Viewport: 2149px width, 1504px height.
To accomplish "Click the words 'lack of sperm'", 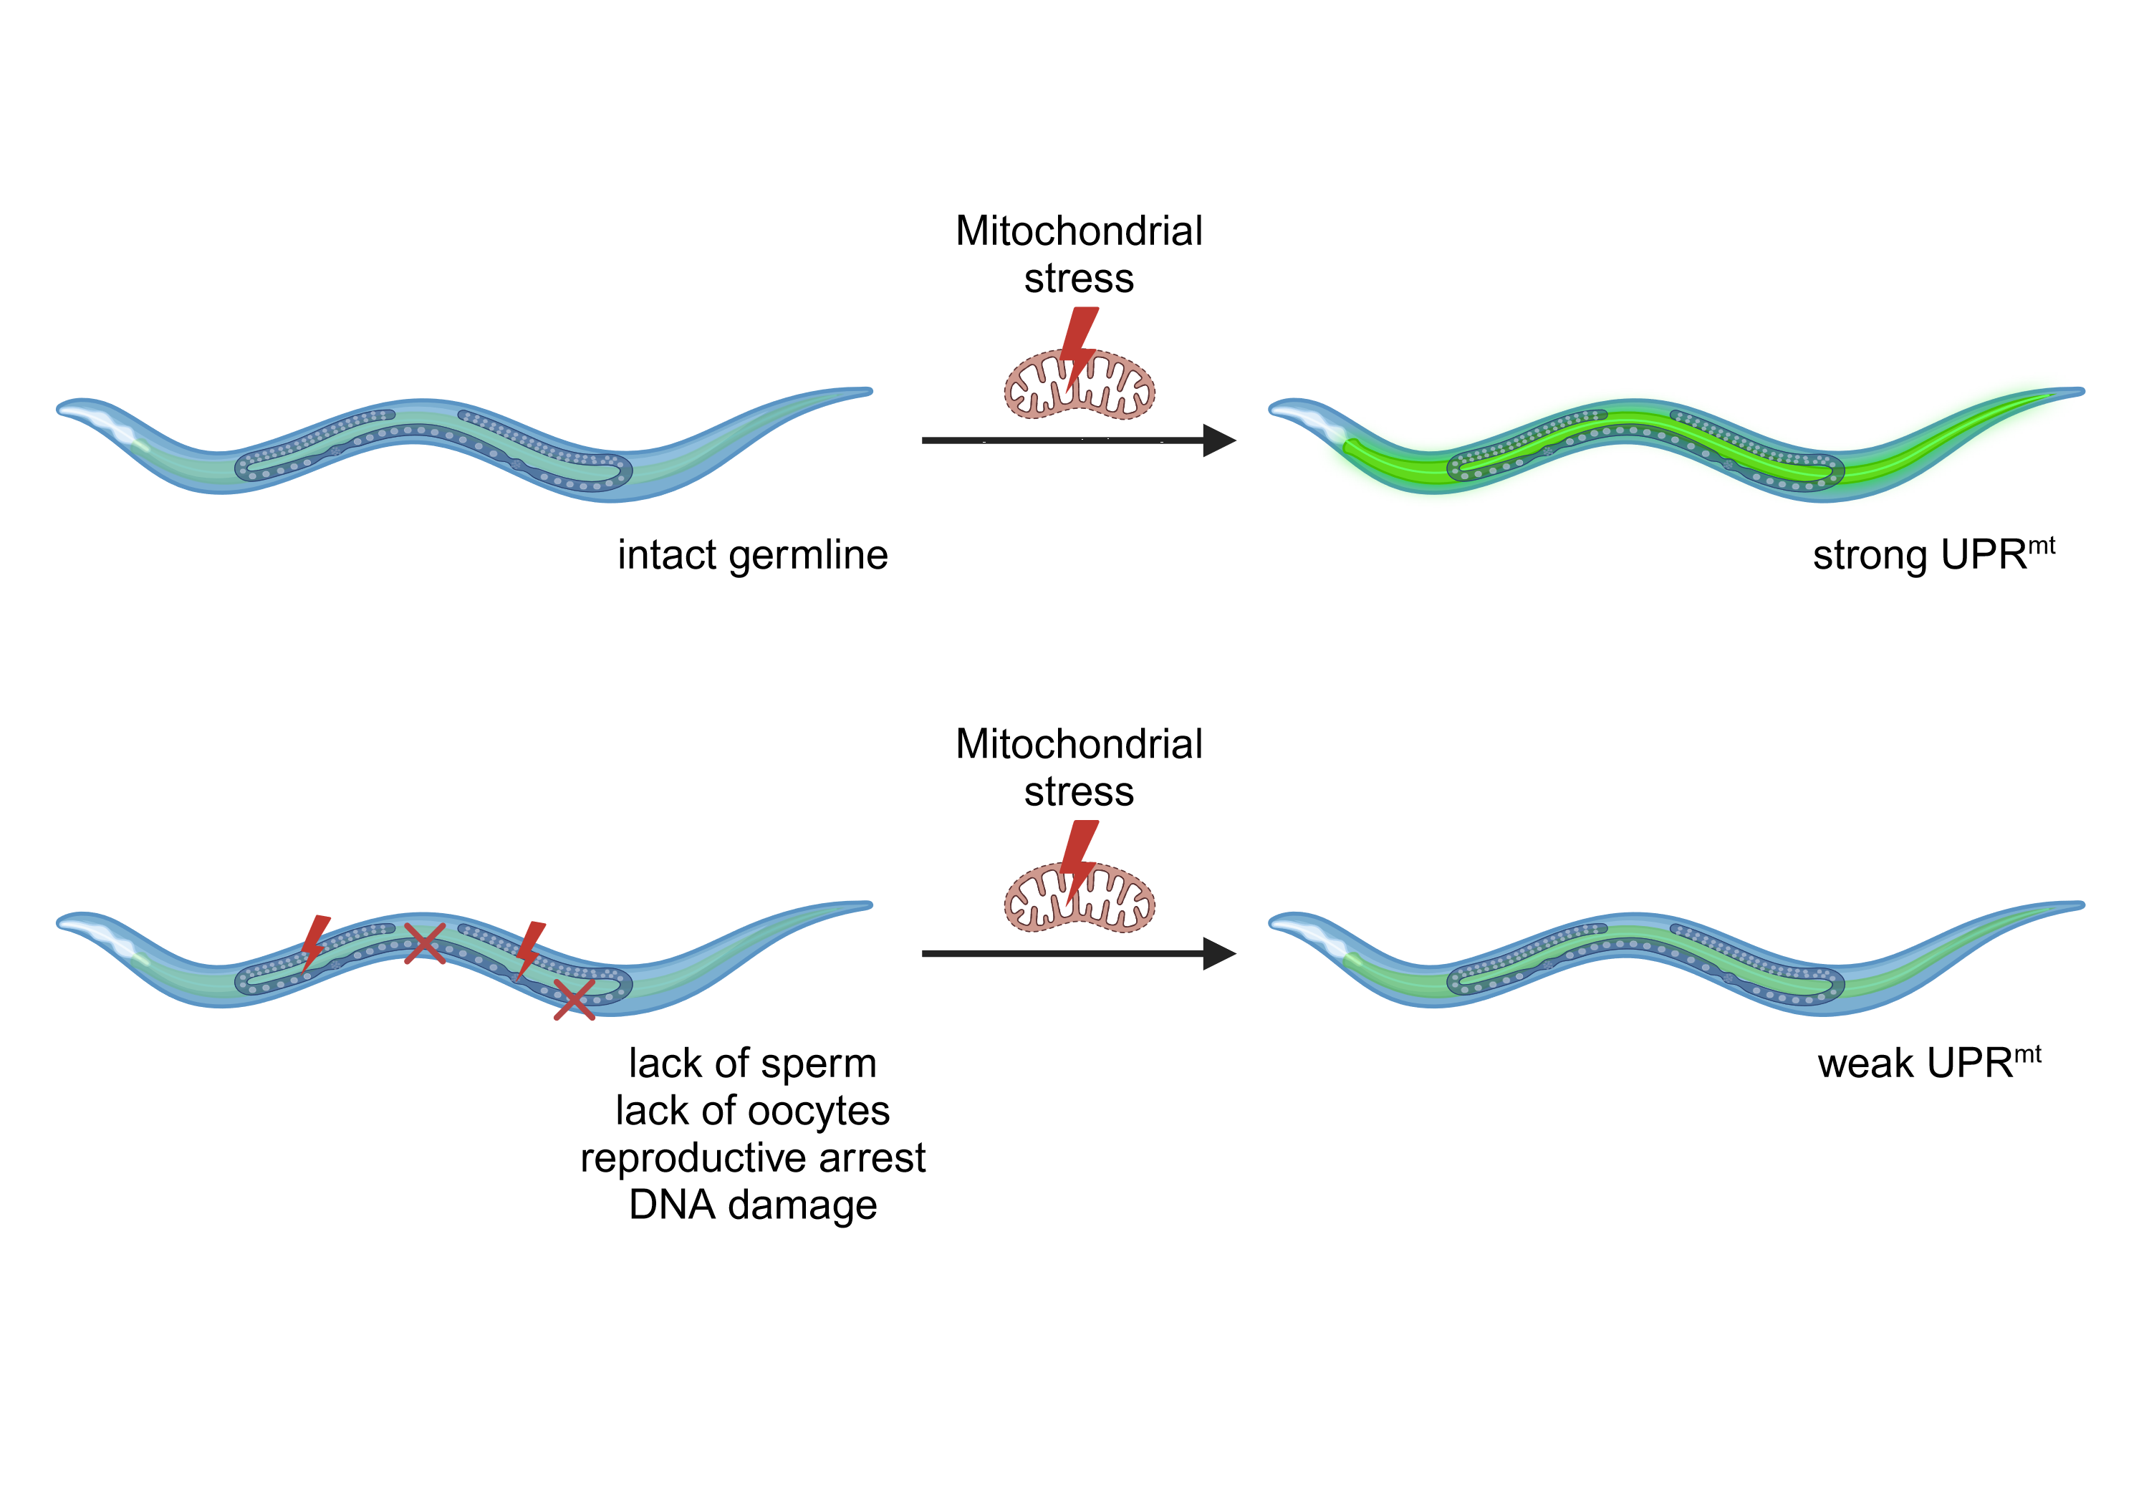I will (x=753, y=1064).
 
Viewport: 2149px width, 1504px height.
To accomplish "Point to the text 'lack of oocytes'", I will (x=753, y=1111).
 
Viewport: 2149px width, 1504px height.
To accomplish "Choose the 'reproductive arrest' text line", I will (x=753, y=1157).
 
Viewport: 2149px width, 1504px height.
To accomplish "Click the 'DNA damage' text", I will (x=753, y=1205).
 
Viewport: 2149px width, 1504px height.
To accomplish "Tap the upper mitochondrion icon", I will (x=1080, y=384).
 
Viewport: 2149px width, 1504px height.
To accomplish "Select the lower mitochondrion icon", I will (x=1080, y=899).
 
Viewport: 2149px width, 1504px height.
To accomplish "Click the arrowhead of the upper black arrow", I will (x=1220, y=440).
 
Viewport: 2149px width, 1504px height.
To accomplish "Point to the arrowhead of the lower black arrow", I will (x=1220, y=954).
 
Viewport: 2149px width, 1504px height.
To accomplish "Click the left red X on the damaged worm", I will (x=424, y=943).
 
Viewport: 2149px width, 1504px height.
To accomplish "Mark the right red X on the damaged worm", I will (x=574, y=1000).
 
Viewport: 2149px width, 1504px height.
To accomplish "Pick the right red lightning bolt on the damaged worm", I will (x=530, y=949).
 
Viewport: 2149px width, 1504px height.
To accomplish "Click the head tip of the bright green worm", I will (x=1275, y=408).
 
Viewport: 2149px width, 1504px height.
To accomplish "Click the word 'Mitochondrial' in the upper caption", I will (x=1080, y=231).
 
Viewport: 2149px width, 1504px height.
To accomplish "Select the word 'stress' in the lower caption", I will (x=1080, y=793).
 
